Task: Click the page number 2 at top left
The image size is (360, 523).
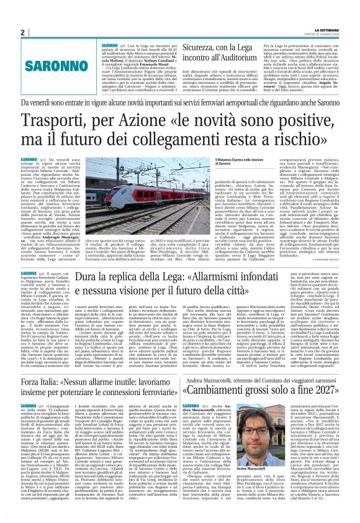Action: [x=22, y=32]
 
